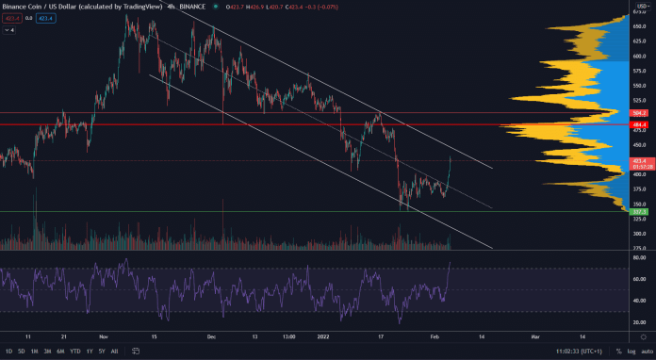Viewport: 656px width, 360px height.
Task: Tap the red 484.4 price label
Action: click(639, 124)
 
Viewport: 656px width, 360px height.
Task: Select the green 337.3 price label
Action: click(639, 212)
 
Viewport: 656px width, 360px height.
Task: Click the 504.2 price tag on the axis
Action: click(639, 111)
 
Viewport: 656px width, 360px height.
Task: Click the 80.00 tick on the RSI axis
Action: click(638, 257)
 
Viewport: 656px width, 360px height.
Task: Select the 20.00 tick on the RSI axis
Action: click(638, 321)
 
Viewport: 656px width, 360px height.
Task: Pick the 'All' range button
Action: click(114, 351)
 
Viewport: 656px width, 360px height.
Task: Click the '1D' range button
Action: click(9, 351)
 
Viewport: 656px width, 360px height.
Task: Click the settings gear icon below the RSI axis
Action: click(644, 336)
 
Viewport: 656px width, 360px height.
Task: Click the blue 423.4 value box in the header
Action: click(45, 18)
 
